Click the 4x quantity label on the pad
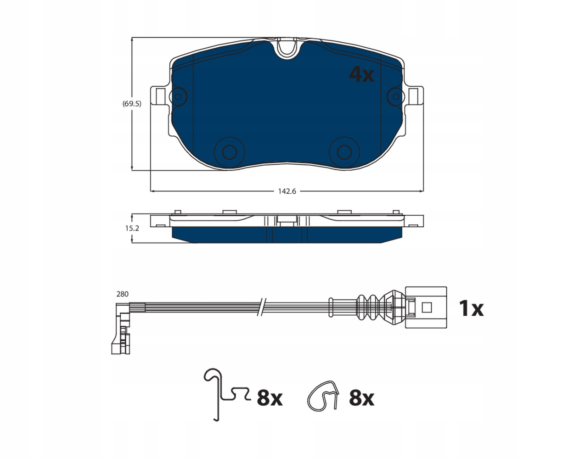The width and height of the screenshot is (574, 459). click(x=361, y=74)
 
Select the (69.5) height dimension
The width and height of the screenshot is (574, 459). click(x=132, y=104)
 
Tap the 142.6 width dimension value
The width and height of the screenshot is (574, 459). click(x=287, y=191)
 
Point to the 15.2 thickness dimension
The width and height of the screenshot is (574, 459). click(x=132, y=228)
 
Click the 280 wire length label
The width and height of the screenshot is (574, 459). click(x=123, y=294)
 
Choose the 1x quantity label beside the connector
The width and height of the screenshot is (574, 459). click(x=471, y=308)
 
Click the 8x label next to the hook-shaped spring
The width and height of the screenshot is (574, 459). click(x=270, y=398)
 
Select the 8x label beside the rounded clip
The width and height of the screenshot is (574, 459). click(x=361, y=398)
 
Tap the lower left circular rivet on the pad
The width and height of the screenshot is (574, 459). click(x=230, y=152)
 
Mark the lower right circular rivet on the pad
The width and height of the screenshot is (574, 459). click(x=344, y=152)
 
